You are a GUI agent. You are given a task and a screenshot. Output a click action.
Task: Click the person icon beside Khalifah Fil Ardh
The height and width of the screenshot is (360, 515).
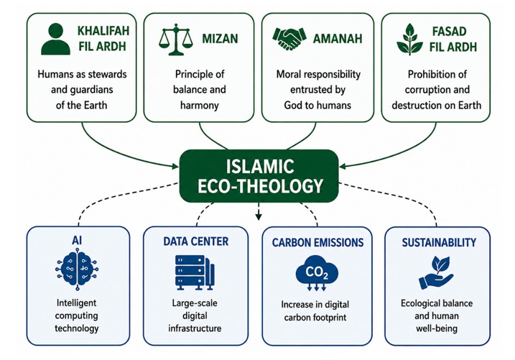pos(55,39)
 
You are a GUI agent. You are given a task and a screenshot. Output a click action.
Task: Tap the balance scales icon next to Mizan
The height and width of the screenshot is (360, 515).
pos(176,40)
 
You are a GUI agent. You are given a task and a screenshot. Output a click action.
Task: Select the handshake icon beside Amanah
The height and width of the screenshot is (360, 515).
pos(289,38)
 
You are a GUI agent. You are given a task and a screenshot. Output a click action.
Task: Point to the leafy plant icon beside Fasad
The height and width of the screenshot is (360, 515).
pos(409,39)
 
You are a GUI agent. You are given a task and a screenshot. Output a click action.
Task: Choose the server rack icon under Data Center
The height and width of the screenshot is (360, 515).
pos(195,272)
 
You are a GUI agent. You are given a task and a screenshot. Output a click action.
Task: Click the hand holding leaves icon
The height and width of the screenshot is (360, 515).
pos(436,273)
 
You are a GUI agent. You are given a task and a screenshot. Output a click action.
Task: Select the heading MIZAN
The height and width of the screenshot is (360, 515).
pos(220,39)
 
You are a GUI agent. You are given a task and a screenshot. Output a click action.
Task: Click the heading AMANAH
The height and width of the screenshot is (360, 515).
pos(338,39)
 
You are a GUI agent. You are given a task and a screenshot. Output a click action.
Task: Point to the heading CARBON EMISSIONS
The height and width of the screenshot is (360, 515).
pos(317,242)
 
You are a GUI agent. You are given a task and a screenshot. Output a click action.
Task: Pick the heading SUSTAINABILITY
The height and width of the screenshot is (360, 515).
pos(439,242)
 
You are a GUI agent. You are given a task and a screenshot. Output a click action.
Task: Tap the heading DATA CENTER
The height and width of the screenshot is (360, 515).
pos(196,241)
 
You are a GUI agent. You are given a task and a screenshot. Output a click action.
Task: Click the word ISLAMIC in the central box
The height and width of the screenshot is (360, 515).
pos(260,166)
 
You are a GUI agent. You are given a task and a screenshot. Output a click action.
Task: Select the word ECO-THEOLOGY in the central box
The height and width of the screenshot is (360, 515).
pos(261,186)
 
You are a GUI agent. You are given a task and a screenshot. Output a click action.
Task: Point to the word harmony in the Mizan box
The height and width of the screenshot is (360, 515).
pos(200,106)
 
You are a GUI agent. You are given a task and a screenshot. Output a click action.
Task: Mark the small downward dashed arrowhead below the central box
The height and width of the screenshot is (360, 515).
pos(259,216)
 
